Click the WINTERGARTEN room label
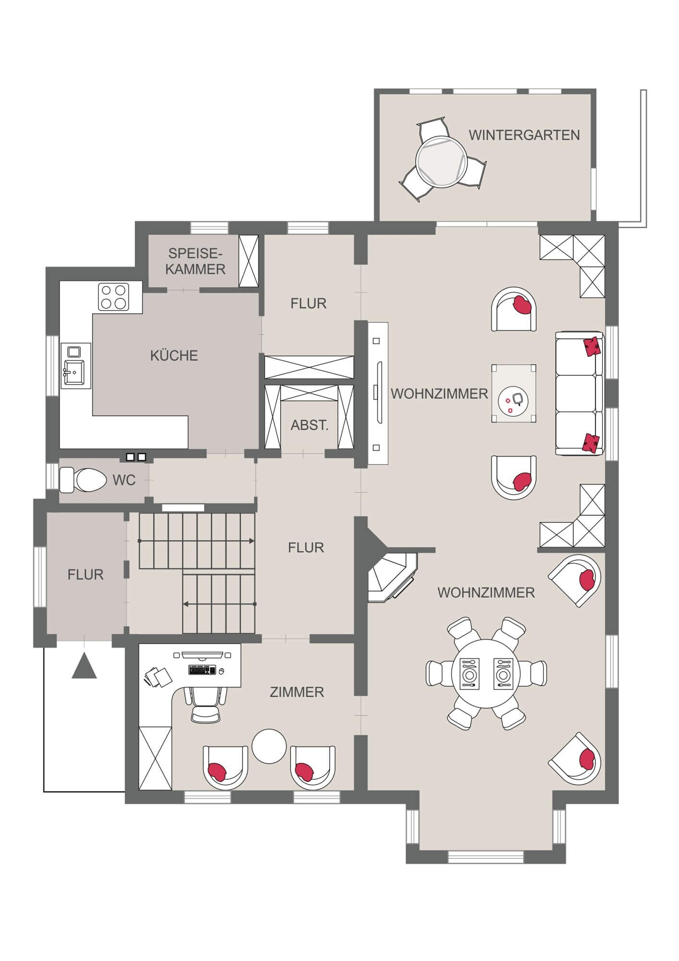pyautogui.click(x=524, y=135)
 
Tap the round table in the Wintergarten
pyautogui.click(x=441, y=161)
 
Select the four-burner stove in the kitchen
pyautogui.click(x=114, y=296)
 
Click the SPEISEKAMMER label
pyautogui.click(x=196, y=261)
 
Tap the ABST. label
pyautogui.click(x=309, y=425)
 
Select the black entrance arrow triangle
pyautogui.click(x=85, y=666)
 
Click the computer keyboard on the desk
pyautogui.click(x=203, y=670)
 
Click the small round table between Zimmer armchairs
pyautogui.click(x=269, y=746)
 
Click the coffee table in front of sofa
pyautogui.click(x=514, y=394)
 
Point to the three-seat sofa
pyautogui.click(x=579, y=393)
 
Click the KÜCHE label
pyautogui.click(x=174, y=356)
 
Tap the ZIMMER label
pyautogui.click(x=296, y=692)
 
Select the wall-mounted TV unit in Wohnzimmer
pyautogui.click(x=378, y=393)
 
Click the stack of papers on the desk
pyautogui.click(x=158, y=677)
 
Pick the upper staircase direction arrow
pyautogui.click(x=197, y=541)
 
